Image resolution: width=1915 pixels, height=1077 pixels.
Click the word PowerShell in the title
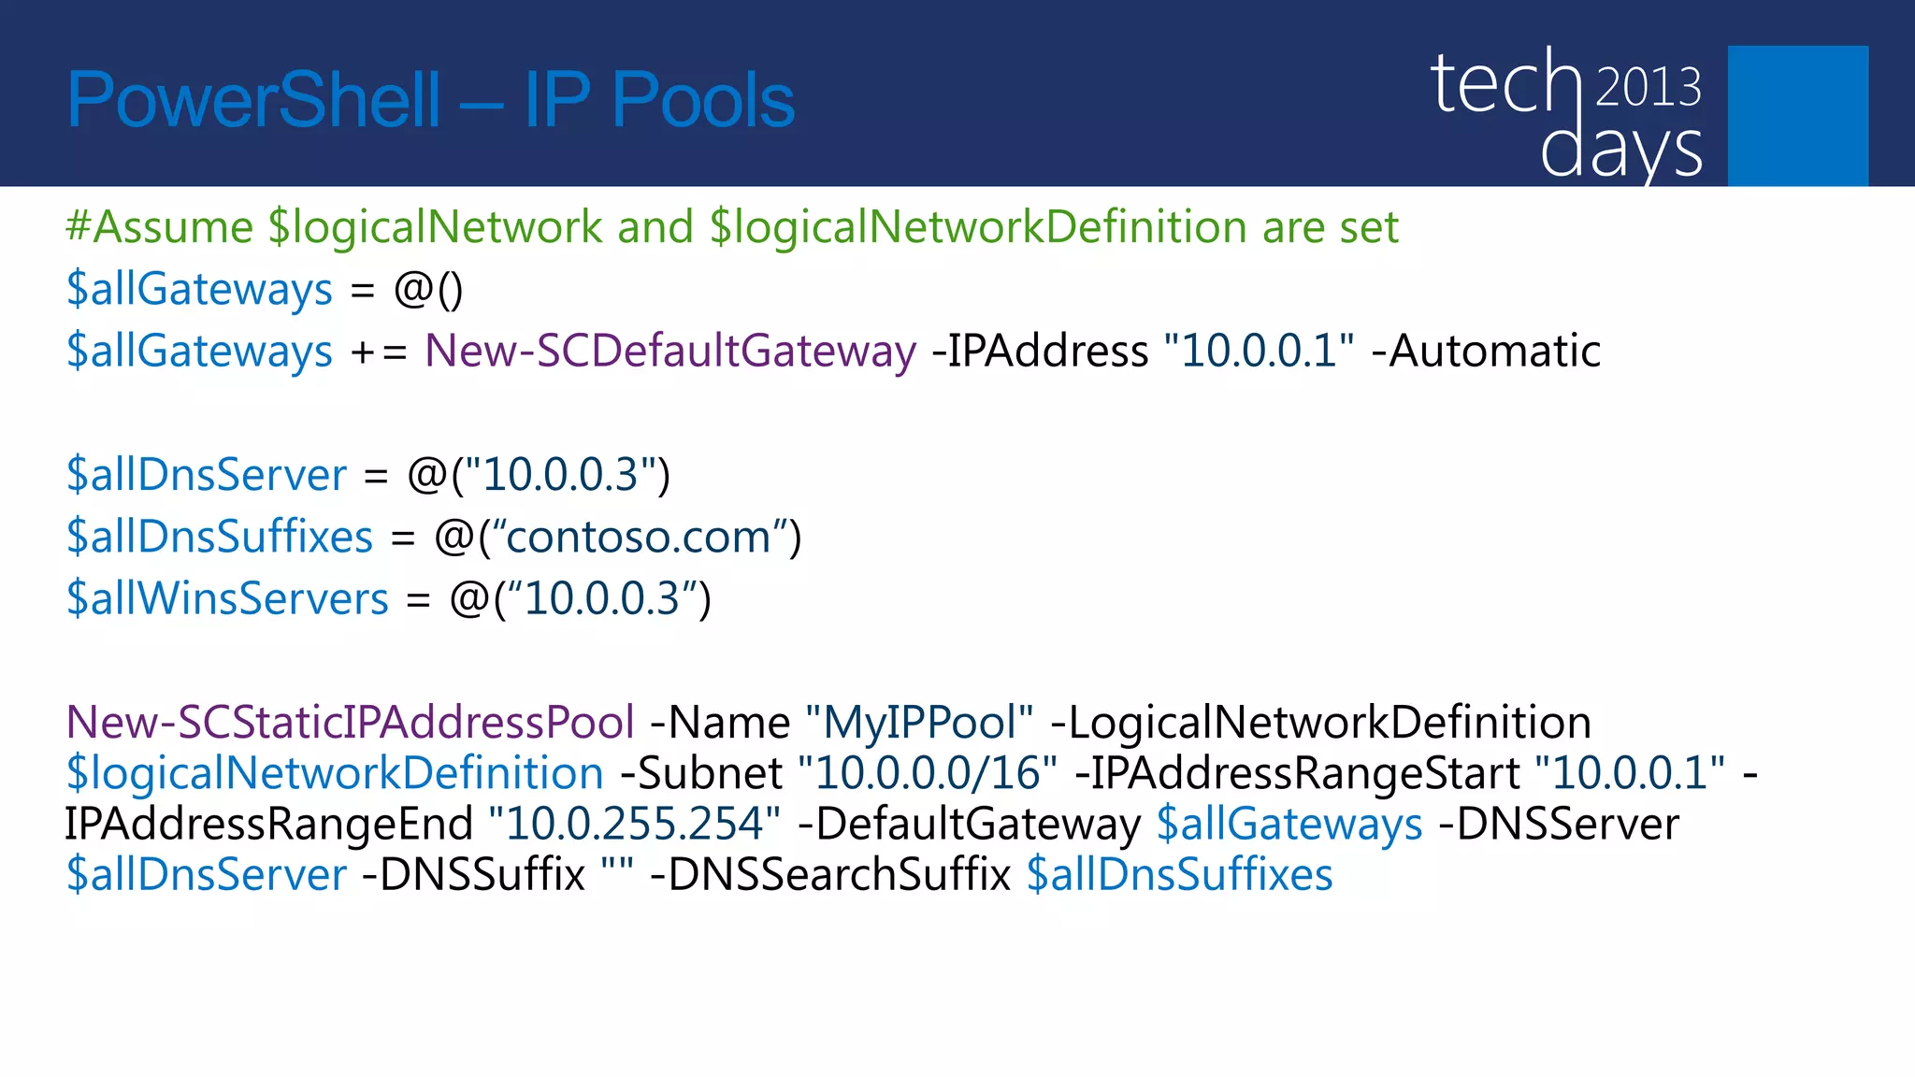[252, 101]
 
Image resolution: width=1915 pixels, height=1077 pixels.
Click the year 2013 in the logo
[1648, 87]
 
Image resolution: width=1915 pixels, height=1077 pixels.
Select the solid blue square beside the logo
[1797, 115]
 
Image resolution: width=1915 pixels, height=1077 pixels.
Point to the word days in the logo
[1620, 150]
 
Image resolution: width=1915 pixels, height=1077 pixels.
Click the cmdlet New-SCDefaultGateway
[670, 352]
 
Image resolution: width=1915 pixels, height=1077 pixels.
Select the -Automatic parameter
[1486, 352]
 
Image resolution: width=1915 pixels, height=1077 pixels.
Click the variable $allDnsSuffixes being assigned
[220, 538]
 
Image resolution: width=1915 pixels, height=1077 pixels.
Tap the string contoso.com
[639, 538]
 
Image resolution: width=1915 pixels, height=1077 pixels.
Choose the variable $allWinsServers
[227, 599]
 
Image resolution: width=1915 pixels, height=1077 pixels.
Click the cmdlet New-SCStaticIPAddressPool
[350, 723]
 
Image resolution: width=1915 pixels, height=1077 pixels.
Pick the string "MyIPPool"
[918, 723]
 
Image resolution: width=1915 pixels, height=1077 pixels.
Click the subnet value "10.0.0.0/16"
[928, 773]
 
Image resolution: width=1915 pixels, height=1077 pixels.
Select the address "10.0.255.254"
[634, 824]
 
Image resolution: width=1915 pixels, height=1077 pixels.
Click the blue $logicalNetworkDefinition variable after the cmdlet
[335, 773]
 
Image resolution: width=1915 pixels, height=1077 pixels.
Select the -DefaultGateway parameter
[969, 824]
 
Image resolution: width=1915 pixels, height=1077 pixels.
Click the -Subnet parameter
[701, 773]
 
